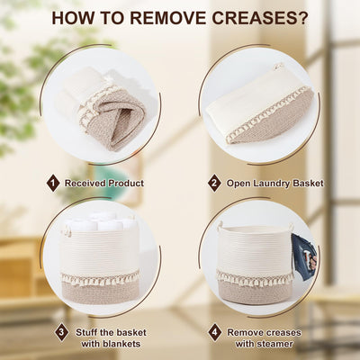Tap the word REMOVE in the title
pos(168,18)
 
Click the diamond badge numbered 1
pos(53,183)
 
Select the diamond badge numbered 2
pos(214,183)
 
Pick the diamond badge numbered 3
pos(61,332)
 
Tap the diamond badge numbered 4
pos(215,332)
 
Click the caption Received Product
pos(104,183)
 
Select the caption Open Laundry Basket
pos(275,184)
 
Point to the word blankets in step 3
pos(111,344)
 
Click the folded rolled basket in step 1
pos(102,108)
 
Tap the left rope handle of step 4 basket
pos(221,226)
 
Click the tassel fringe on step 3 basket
pos(100,278)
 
